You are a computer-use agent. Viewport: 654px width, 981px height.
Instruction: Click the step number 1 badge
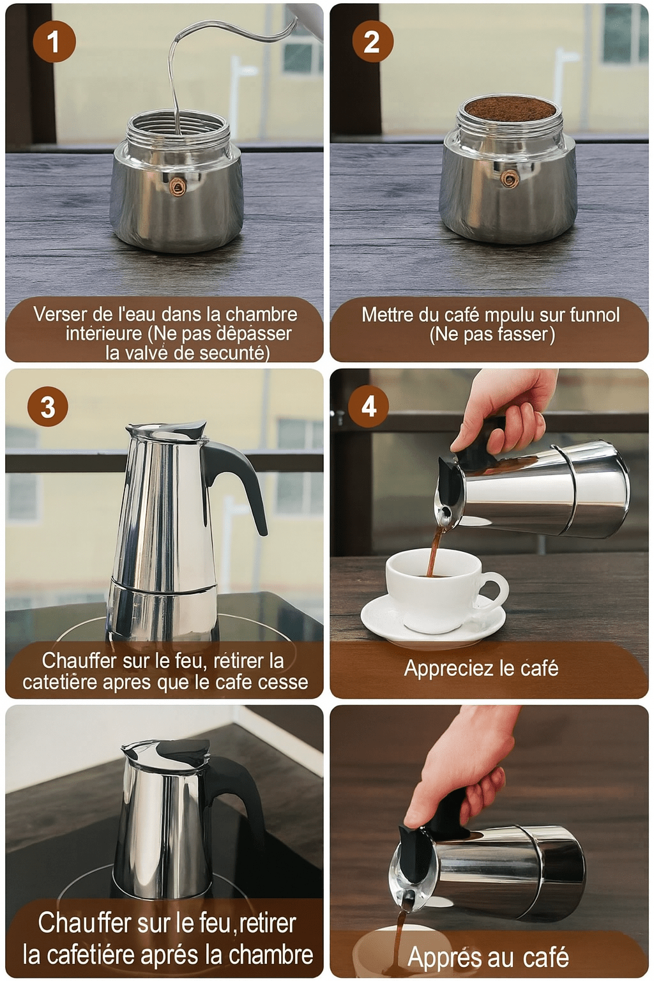(54, 42)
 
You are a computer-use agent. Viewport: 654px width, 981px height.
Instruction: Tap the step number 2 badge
(372, 42)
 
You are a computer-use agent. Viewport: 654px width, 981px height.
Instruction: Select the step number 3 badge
(48, 407)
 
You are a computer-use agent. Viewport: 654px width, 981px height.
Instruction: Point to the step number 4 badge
(369, 406)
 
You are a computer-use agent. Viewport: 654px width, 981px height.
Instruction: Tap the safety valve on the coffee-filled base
(509, 179)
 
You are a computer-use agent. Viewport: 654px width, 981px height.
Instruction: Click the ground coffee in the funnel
(509, 109)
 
